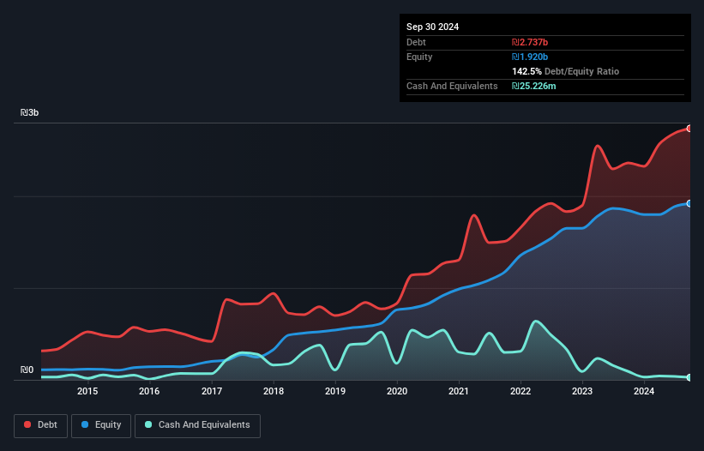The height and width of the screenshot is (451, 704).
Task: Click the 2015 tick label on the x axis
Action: (87, 392)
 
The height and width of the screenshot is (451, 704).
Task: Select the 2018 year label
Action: (274, 392)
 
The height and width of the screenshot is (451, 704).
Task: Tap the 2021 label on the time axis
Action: (460, 392)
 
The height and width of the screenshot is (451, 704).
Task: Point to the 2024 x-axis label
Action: (645, 392)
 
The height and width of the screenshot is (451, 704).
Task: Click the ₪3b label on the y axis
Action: (30, 113)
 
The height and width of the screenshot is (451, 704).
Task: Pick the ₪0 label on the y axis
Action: (27, 370)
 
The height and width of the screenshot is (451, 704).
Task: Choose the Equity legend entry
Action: (102, 424)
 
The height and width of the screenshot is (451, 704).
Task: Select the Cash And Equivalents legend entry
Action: (198, 424)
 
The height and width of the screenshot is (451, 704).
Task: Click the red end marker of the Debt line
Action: (689, 128)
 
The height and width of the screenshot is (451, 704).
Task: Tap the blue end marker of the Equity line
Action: (689, 203)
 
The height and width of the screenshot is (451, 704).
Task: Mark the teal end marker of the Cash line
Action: (689, 377)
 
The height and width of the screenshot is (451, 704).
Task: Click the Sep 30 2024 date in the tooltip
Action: (432, 27)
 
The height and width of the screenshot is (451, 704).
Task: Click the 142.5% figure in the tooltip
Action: (527, 71)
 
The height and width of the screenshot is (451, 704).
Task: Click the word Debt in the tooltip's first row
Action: (416, 42)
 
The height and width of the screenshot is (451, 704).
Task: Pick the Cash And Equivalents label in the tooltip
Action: (452, 86)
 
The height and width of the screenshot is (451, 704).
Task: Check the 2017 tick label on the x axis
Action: (212, 392)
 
